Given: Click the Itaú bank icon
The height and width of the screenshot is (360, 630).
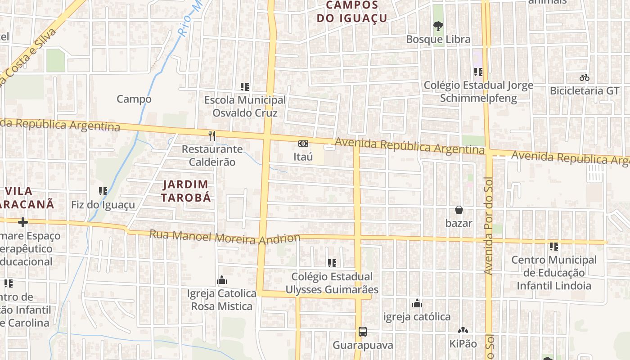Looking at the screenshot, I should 303,144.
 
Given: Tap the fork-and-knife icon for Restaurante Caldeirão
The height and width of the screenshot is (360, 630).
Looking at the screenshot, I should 212,135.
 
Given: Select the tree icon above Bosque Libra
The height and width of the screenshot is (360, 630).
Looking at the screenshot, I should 438,26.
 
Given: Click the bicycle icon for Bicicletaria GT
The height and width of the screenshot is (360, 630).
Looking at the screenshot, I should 585,77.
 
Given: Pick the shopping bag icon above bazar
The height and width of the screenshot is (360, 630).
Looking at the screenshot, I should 459,210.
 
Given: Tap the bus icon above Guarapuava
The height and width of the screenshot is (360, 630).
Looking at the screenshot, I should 363,332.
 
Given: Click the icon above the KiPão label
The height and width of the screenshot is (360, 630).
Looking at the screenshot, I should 463,331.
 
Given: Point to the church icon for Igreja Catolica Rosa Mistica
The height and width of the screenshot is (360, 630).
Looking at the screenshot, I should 222,280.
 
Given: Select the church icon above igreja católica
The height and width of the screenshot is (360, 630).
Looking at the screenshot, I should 417,303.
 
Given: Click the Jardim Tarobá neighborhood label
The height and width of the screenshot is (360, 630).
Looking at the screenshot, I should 186,191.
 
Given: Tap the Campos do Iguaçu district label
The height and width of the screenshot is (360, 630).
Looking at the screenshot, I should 352,12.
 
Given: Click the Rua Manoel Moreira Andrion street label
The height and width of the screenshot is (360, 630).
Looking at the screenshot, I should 225,237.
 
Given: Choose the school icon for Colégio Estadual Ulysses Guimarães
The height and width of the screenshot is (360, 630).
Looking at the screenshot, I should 332,263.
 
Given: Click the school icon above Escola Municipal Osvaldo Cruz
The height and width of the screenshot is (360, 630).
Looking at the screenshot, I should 245,86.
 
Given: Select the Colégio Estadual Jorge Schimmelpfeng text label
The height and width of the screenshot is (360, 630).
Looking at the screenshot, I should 478,91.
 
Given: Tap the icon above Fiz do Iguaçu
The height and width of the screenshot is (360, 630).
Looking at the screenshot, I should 103,191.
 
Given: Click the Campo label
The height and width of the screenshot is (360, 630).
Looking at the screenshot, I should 134,99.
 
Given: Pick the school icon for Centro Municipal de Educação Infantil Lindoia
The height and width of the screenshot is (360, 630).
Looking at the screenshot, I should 554,247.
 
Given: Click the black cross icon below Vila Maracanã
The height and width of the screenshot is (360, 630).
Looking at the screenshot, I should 23,222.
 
